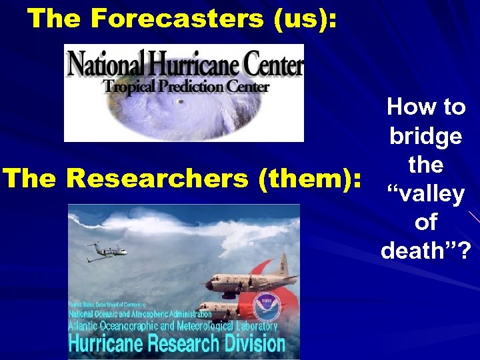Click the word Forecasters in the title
(177, 19)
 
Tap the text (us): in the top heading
(304, 19)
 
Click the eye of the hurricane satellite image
(178, 102)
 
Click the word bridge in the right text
(425, 136)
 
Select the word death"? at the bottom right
(425, 251)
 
